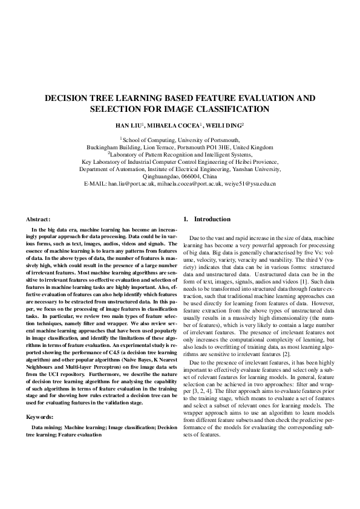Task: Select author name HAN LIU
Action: pos(129,126)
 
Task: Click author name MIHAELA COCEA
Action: pos(176,126)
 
